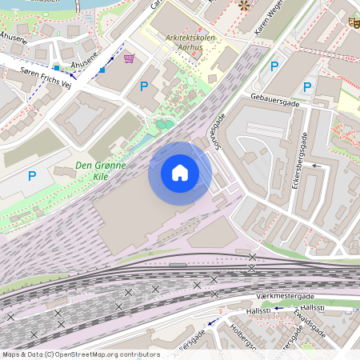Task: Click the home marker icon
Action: point(180,173)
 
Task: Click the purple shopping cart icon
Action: point(130,58)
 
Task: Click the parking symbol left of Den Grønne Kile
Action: point(32,175)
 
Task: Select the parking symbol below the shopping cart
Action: point(144,86)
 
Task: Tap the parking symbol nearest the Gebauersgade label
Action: point(307,86)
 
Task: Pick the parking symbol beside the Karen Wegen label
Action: point(274,66)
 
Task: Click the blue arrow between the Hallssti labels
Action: point(278,307)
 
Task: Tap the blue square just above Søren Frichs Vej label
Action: point(57,67)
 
